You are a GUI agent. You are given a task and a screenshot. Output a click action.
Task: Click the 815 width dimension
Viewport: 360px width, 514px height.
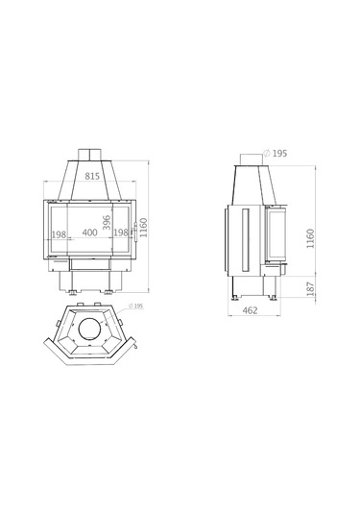click(92, 176)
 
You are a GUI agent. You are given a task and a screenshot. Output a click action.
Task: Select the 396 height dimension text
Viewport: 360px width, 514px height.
click(107, 223)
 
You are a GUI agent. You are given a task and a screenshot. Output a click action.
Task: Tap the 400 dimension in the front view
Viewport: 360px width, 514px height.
click(89, 233)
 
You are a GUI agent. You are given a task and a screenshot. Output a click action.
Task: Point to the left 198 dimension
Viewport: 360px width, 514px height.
click(59, 234)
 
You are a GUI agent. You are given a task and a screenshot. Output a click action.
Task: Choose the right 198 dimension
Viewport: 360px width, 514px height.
click(121, 233)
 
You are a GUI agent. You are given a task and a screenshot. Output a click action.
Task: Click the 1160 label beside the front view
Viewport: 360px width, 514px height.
click(144, 228)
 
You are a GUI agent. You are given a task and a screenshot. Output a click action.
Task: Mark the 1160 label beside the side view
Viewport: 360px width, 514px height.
click(310, 238)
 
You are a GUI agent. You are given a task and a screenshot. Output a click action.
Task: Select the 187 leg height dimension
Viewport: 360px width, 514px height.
click(310, 289)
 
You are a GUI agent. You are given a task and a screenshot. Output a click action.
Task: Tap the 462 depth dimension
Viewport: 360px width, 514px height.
click(251, 310)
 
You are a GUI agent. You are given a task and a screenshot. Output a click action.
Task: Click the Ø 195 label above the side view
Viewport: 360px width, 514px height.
click(276, 153)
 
